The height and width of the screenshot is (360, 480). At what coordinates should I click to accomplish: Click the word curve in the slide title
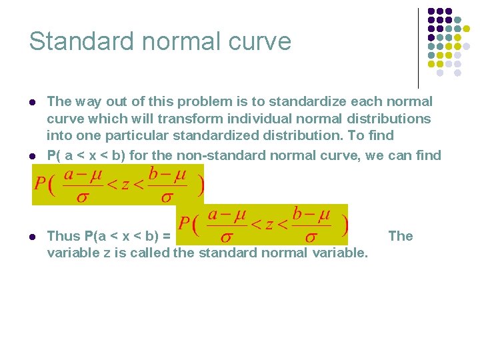262,41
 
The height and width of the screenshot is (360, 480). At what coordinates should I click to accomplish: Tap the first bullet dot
32,103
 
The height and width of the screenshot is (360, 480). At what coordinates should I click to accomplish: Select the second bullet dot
32,156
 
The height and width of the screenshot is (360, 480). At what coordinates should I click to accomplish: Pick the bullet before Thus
32,237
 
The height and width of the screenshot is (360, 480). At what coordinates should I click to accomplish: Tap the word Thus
63,236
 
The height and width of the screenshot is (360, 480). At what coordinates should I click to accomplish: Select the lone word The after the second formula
400,236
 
